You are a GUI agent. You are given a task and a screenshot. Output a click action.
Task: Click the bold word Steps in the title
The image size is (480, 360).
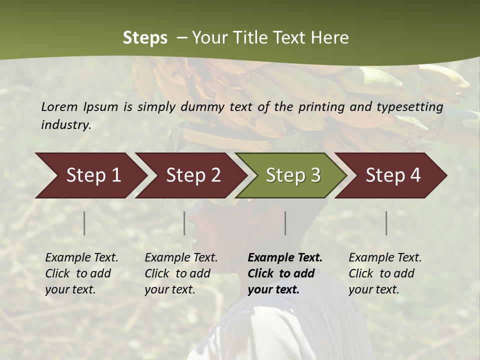[145, 38]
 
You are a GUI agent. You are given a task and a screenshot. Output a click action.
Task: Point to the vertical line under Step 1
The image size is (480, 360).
[84, 223]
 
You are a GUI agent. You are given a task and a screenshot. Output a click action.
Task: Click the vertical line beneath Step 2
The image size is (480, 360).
[184, 223]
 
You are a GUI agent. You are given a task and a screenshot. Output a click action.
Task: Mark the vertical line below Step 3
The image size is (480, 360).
[285, 223]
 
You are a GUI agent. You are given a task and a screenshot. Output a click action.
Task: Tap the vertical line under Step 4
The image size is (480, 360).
[386, 223]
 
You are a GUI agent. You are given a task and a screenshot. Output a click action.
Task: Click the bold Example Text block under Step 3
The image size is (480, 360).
[285, 273]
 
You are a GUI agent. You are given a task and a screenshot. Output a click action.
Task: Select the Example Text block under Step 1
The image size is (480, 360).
[81, 273]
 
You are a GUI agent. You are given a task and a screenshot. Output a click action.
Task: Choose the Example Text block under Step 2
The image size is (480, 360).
[181, 273]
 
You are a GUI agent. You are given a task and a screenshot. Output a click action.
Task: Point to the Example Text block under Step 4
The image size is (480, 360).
[385, 273]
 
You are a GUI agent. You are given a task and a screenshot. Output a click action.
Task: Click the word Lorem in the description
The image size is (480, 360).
[59, 106]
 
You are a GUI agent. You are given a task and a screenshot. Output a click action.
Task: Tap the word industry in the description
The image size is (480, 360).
[66, 125]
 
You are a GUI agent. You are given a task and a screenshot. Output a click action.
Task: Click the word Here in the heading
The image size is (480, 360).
[330, 38]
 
